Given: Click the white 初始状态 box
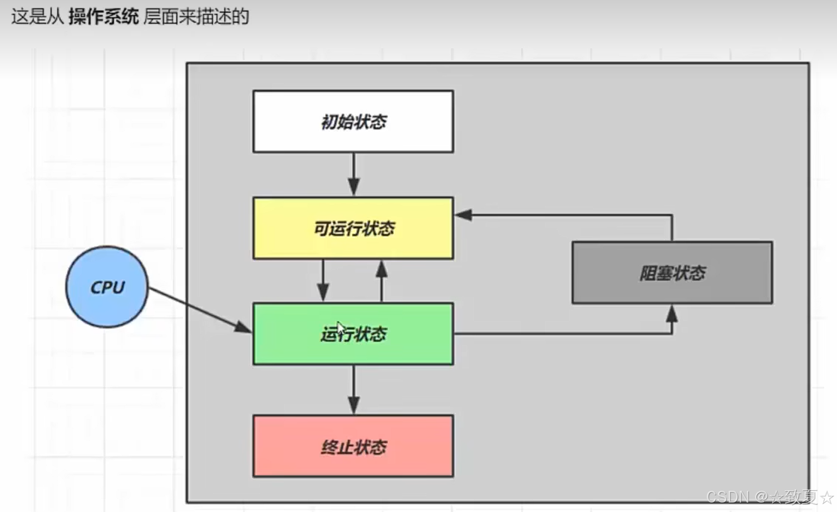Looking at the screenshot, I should coord(353,121).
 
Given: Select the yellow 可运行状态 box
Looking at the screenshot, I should coord(353,228).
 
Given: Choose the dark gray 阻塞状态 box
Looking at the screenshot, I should coord(672,272).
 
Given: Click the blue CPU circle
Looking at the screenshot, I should coord(107,287).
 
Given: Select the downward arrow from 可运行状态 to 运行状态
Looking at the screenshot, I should coord(323,281).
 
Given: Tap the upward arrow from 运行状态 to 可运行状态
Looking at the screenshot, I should coord(381,281).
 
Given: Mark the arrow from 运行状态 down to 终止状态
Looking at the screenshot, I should coord(353,389).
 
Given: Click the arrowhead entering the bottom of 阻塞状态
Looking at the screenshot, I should coord(672,314).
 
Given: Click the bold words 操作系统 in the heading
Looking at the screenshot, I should coord(103,17).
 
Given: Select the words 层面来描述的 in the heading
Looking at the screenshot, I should coord(196,17).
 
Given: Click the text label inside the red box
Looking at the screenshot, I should coord(353,447).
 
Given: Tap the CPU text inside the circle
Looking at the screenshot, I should coord(107,287).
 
